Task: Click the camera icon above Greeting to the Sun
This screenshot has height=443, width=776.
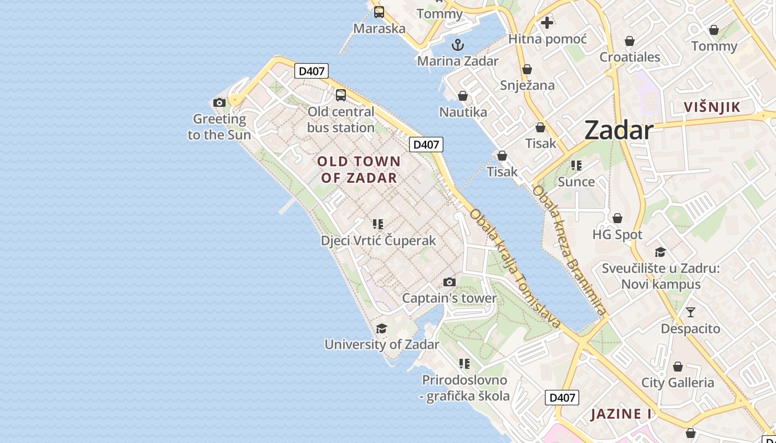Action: pos(219,102)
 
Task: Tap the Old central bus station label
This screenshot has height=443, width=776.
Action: pos(341,120)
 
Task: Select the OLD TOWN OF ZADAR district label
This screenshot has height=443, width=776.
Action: pos(359,169)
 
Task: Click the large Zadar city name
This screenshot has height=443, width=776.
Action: pos(619,130)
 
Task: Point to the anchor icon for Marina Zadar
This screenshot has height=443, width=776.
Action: pos(458,45)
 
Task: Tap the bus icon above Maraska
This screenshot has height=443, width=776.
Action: pos(379,12)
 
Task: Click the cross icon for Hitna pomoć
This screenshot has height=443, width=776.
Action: pos(547,23)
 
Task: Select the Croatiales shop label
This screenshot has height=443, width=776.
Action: pos(630,57)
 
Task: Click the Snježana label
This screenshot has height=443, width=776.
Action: pos(527,85)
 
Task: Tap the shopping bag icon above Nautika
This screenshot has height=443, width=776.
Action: pos(463,96)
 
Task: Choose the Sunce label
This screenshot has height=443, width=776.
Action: pos(576,182)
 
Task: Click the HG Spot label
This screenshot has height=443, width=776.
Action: pos(617,234)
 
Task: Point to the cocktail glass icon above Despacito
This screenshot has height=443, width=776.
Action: pos(690,312)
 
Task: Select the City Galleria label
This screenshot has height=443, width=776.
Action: pos(677,383)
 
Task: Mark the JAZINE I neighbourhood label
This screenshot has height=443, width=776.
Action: pos(621,414)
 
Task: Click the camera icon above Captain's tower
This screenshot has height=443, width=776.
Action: pos(450,282)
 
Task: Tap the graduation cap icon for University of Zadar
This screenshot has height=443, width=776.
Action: pos(381,328)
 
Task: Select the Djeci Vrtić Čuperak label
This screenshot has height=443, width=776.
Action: pos(379,241)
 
